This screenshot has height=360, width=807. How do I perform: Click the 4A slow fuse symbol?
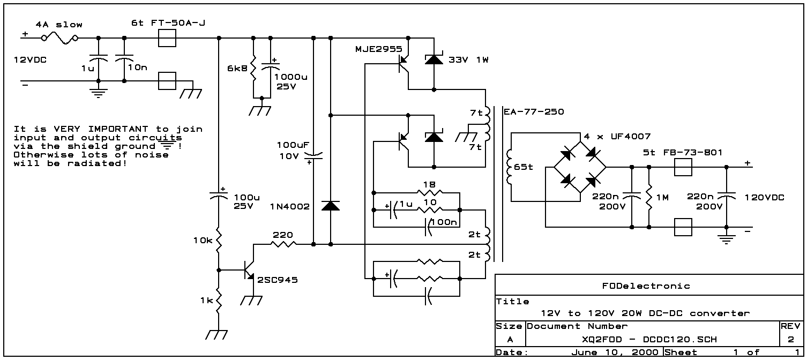61,37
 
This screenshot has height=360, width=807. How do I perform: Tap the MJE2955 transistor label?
378,49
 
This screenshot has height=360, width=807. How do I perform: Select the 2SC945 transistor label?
278,280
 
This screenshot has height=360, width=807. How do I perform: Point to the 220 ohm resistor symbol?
283,244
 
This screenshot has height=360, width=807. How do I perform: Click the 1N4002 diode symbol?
330,206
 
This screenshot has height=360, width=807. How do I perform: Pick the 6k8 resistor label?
236,68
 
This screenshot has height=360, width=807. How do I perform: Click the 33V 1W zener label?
468,59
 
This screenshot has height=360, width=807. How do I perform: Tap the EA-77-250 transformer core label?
534,112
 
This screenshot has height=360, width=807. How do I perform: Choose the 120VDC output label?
764,198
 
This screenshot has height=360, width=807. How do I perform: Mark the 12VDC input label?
30,59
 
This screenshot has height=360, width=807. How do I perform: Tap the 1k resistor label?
206,301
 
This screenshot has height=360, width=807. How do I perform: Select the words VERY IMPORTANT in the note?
99,129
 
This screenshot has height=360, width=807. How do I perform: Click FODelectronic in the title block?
646,286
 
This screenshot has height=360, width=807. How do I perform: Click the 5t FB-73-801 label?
683,153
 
